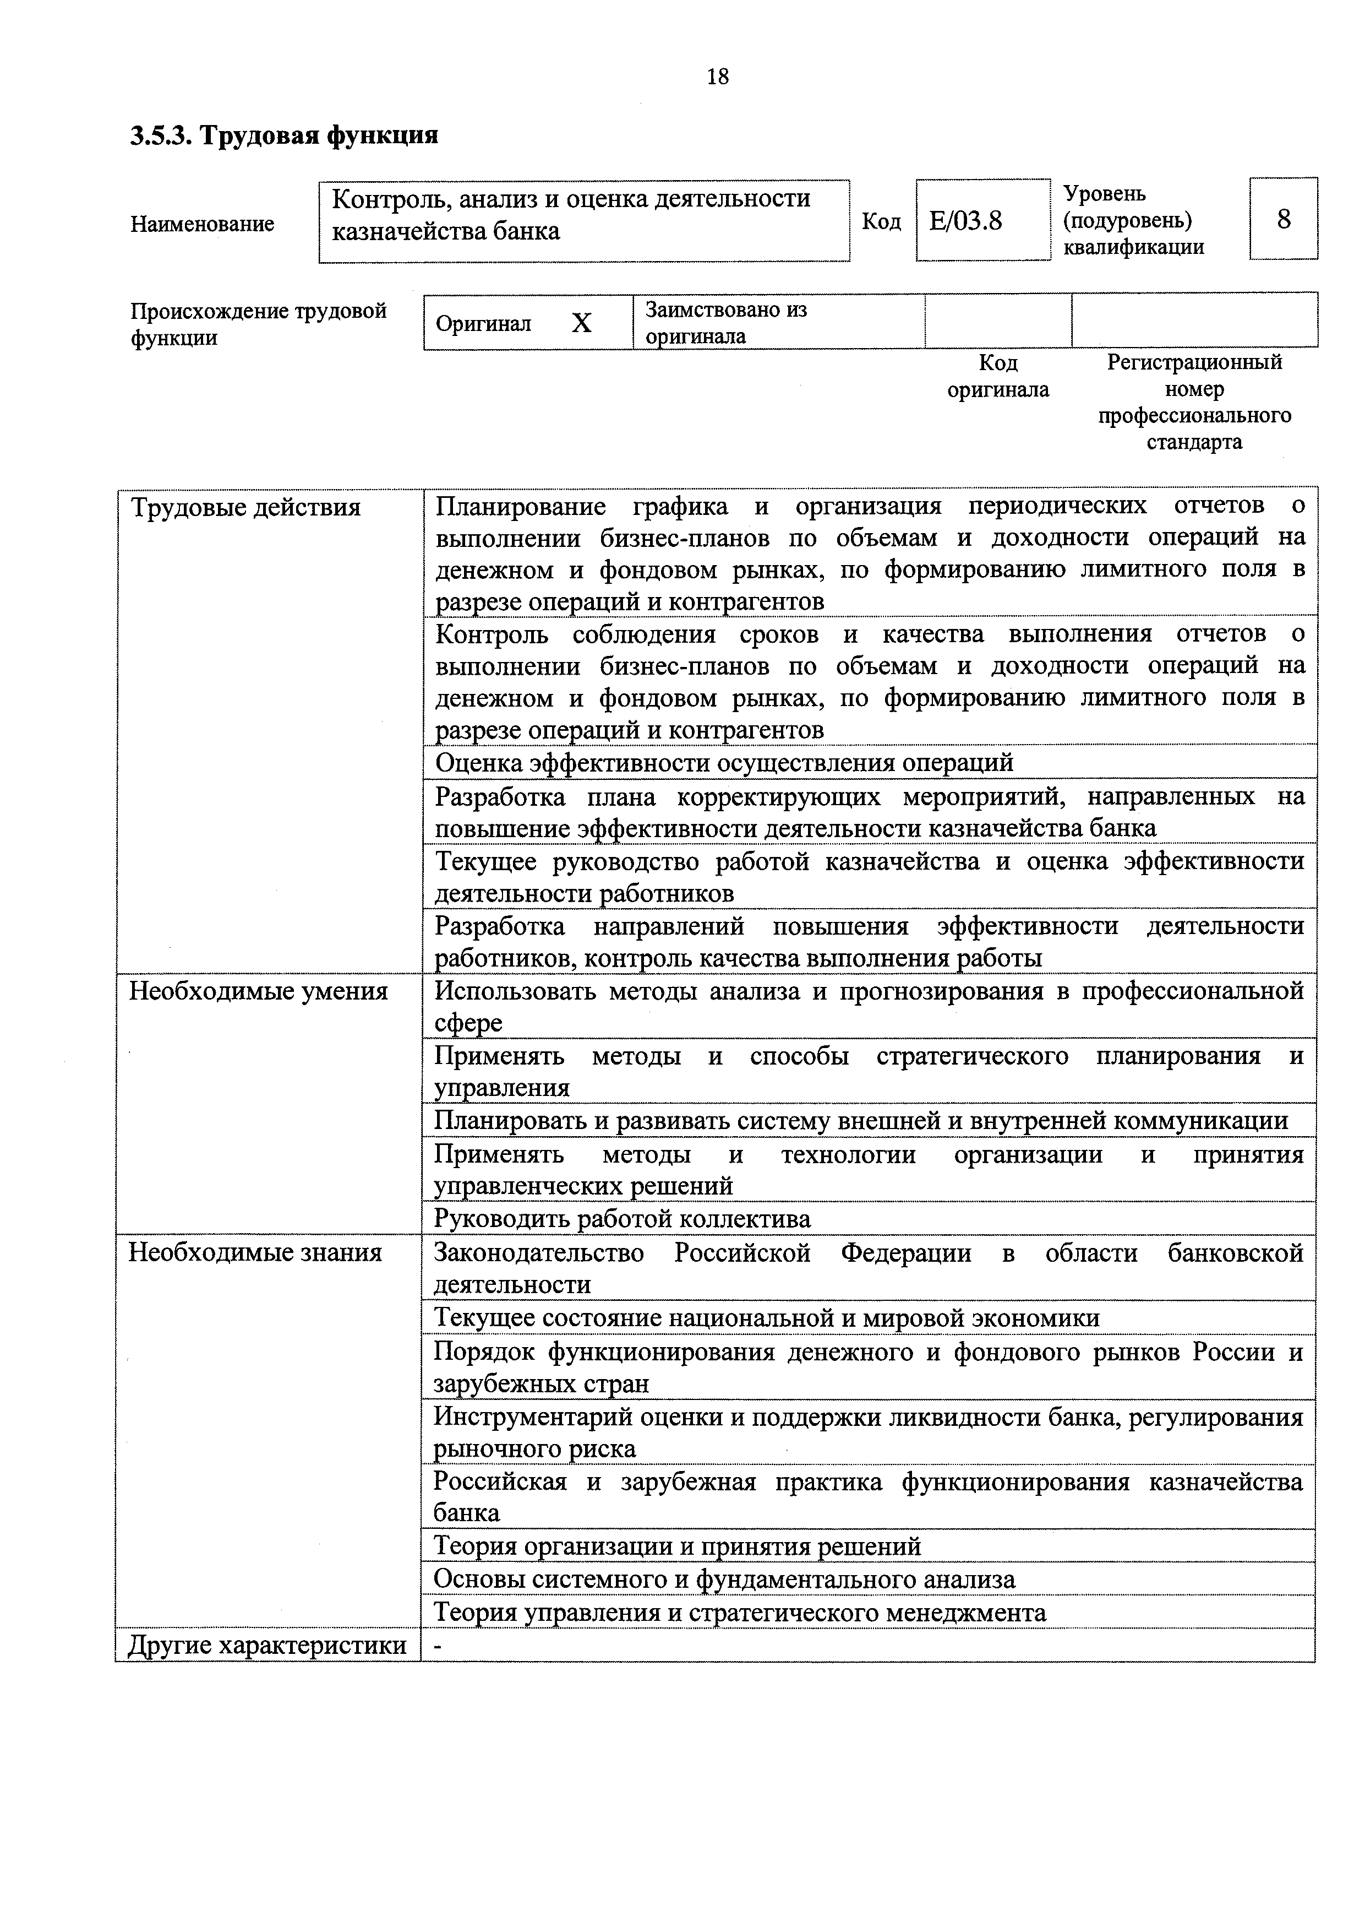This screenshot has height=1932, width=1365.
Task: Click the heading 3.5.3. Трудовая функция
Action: tap(284, 135)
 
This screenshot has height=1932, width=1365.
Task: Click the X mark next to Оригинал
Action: tap(581, 323)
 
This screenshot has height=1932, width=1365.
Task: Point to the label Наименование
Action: tap(202, 224)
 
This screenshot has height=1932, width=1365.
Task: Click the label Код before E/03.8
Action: tap(881, 221)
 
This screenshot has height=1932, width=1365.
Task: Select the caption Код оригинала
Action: tap(998, 376)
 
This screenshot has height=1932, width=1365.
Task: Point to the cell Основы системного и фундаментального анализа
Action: tap(724, 1580)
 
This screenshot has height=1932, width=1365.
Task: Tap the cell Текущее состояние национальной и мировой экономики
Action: tap(766, 1318)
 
